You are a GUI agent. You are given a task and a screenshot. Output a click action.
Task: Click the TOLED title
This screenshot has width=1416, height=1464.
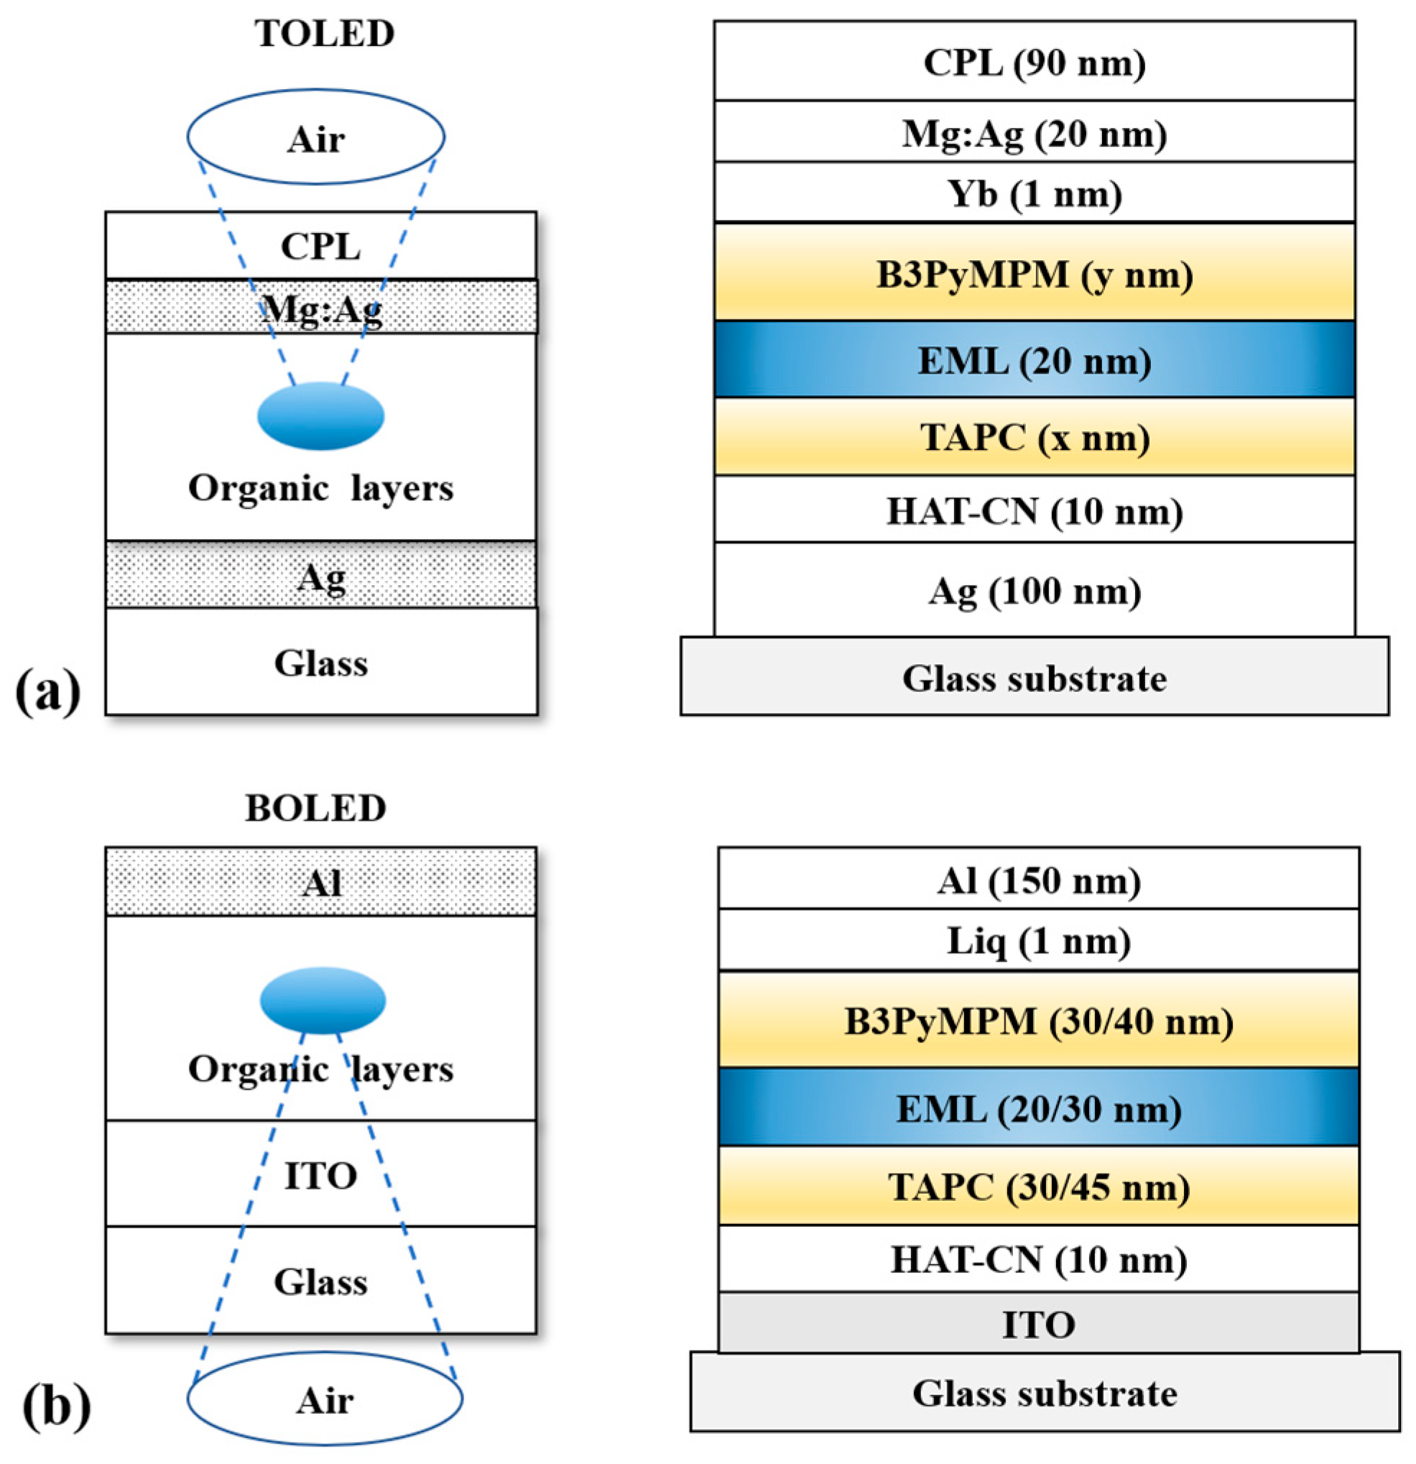[324, 34]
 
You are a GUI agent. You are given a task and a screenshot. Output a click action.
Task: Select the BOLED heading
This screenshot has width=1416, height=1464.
[315, 809]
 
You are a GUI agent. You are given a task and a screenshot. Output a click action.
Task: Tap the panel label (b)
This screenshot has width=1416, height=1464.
[55, 1406]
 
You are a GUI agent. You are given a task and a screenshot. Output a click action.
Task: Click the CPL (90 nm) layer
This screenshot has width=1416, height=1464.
[1034, 62]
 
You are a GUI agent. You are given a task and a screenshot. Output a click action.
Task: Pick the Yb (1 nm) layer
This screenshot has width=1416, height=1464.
[1034, 193]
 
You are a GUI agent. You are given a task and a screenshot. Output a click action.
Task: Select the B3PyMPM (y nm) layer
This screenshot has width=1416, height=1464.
[1034, 273]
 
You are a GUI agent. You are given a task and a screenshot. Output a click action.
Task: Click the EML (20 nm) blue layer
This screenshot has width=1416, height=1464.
[1034, 360]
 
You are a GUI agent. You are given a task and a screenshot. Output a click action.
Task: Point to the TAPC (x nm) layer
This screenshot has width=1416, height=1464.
[1034, 437]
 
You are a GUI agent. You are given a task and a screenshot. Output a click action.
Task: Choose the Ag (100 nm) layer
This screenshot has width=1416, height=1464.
[1034, 591]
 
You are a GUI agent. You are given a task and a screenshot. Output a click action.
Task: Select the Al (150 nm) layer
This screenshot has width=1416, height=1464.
[1038, 880]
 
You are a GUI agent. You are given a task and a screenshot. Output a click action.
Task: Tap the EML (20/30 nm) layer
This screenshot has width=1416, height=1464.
[1038, 1108]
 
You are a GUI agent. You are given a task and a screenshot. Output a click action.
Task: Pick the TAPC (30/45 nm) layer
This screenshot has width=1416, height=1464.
[1038, 1186]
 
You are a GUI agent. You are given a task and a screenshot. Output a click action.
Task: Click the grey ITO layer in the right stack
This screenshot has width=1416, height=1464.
[1038, 1325]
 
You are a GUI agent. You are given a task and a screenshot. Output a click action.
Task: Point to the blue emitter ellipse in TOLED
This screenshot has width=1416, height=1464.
[321, 416]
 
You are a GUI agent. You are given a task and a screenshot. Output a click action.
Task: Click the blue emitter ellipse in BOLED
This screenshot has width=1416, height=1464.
[323, 1000]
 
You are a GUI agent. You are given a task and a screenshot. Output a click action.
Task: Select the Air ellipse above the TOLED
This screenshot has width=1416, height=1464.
[316, 137]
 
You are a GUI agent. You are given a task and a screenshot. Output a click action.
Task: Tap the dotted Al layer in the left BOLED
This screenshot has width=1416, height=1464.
[321, 883]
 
